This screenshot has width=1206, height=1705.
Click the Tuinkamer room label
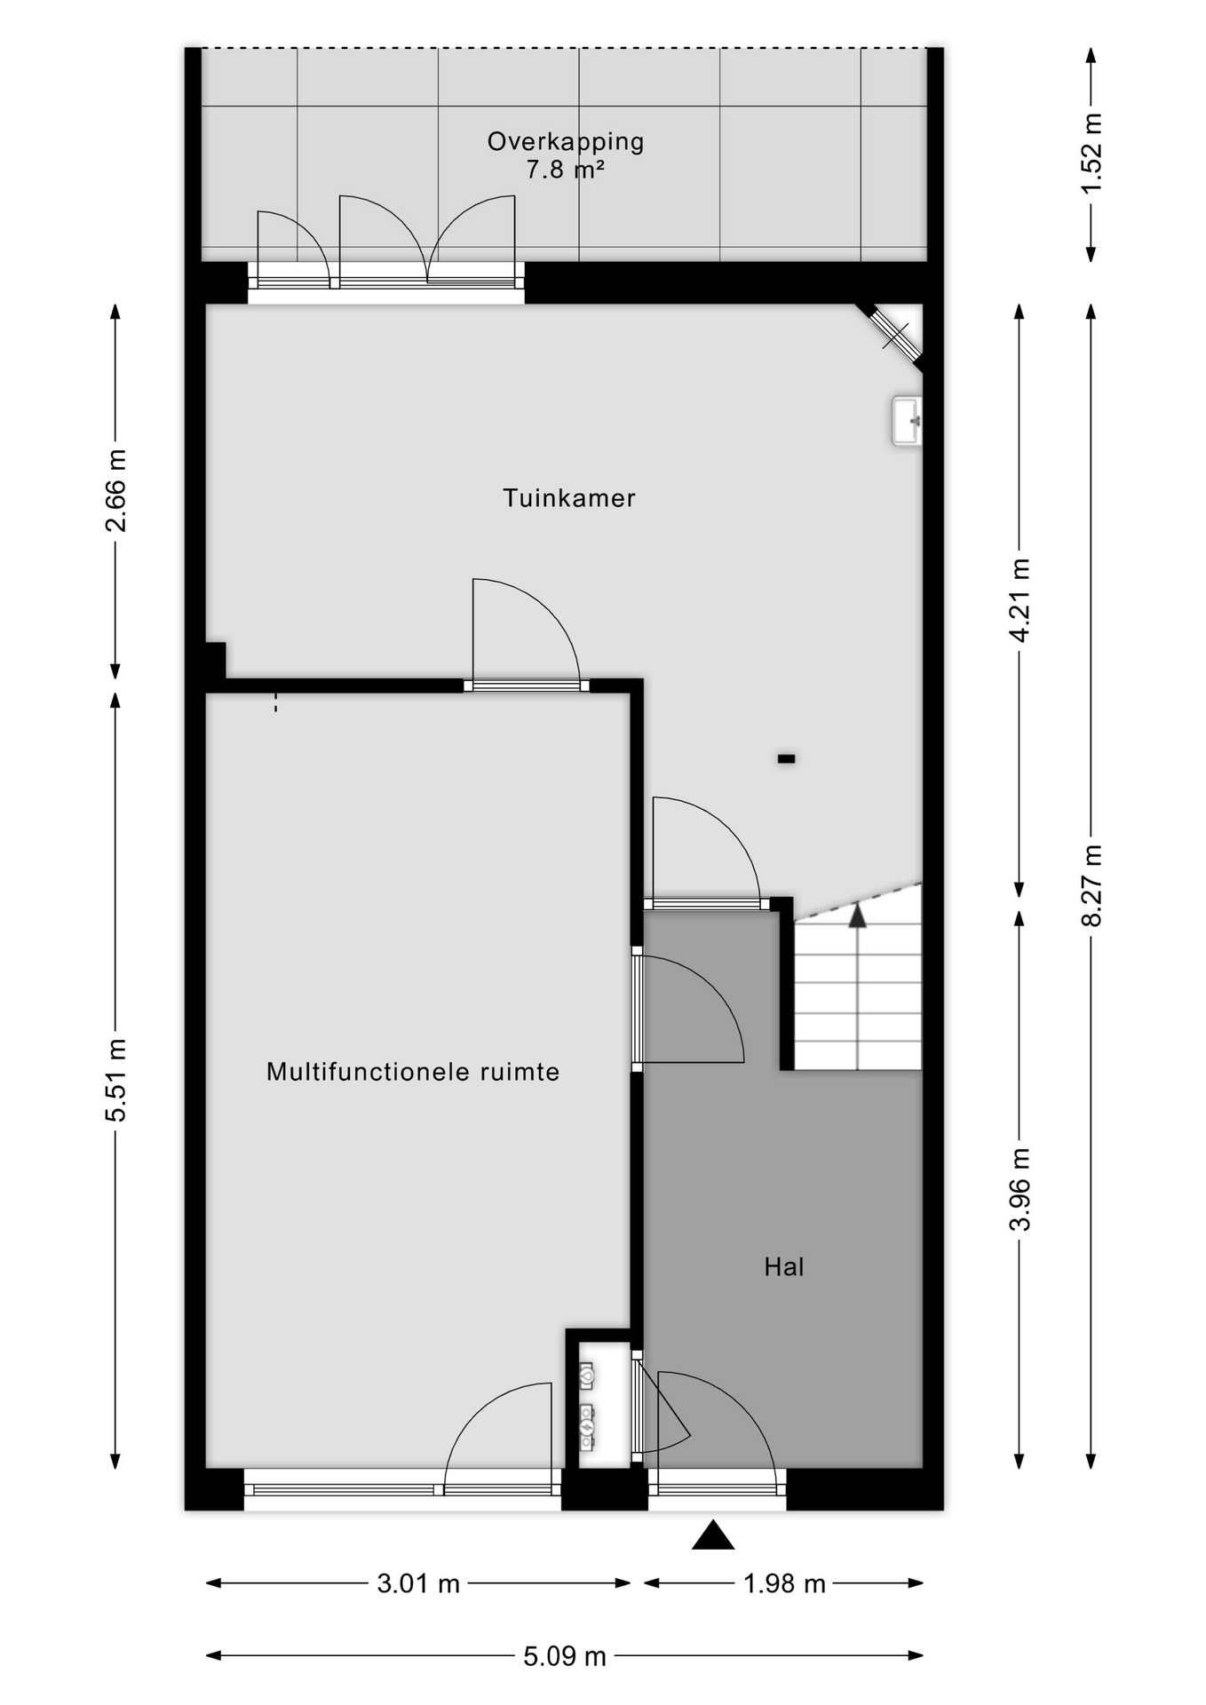(x=569, y=498)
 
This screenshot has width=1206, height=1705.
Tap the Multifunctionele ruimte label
(x=413, y=1072)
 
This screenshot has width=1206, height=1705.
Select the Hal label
(x=784, y=1267)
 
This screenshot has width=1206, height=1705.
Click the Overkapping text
(x=566, y=142)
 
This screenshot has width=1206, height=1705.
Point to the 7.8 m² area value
(x=566, y=169)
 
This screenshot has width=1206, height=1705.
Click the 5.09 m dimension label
(x=565, y=1656)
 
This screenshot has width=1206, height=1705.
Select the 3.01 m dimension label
(x=418, y=1583)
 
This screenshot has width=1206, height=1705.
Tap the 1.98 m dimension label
(x=784, y=1583)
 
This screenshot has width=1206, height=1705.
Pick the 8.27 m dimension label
(x=1092, y=885)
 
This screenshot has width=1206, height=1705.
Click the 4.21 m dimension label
(x=1020, y=600)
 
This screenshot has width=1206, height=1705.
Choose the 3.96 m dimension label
(x=1020, y=1189)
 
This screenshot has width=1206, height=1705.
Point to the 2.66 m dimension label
(x=115, y=490)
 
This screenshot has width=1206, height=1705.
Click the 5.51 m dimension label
(x=115, y=1079)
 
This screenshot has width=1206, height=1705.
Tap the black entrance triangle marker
(x=713, y=1535)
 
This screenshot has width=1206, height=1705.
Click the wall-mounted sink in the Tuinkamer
(x=907, y=421)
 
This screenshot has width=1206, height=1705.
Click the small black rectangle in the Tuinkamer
(x=786, y=759)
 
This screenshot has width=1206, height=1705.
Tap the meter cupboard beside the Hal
(x=599, y=1404)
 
